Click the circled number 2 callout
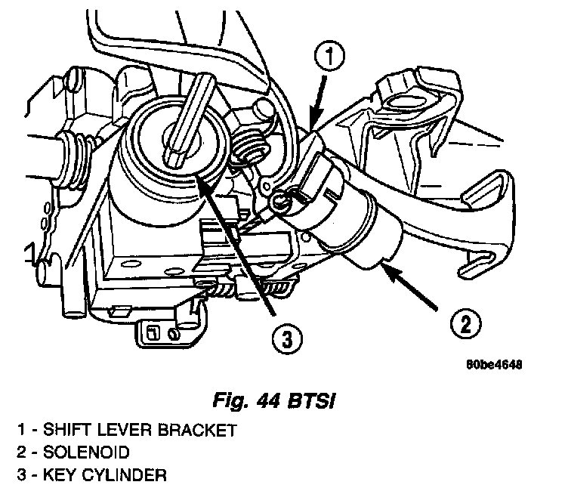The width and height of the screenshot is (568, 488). coord(464,325)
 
